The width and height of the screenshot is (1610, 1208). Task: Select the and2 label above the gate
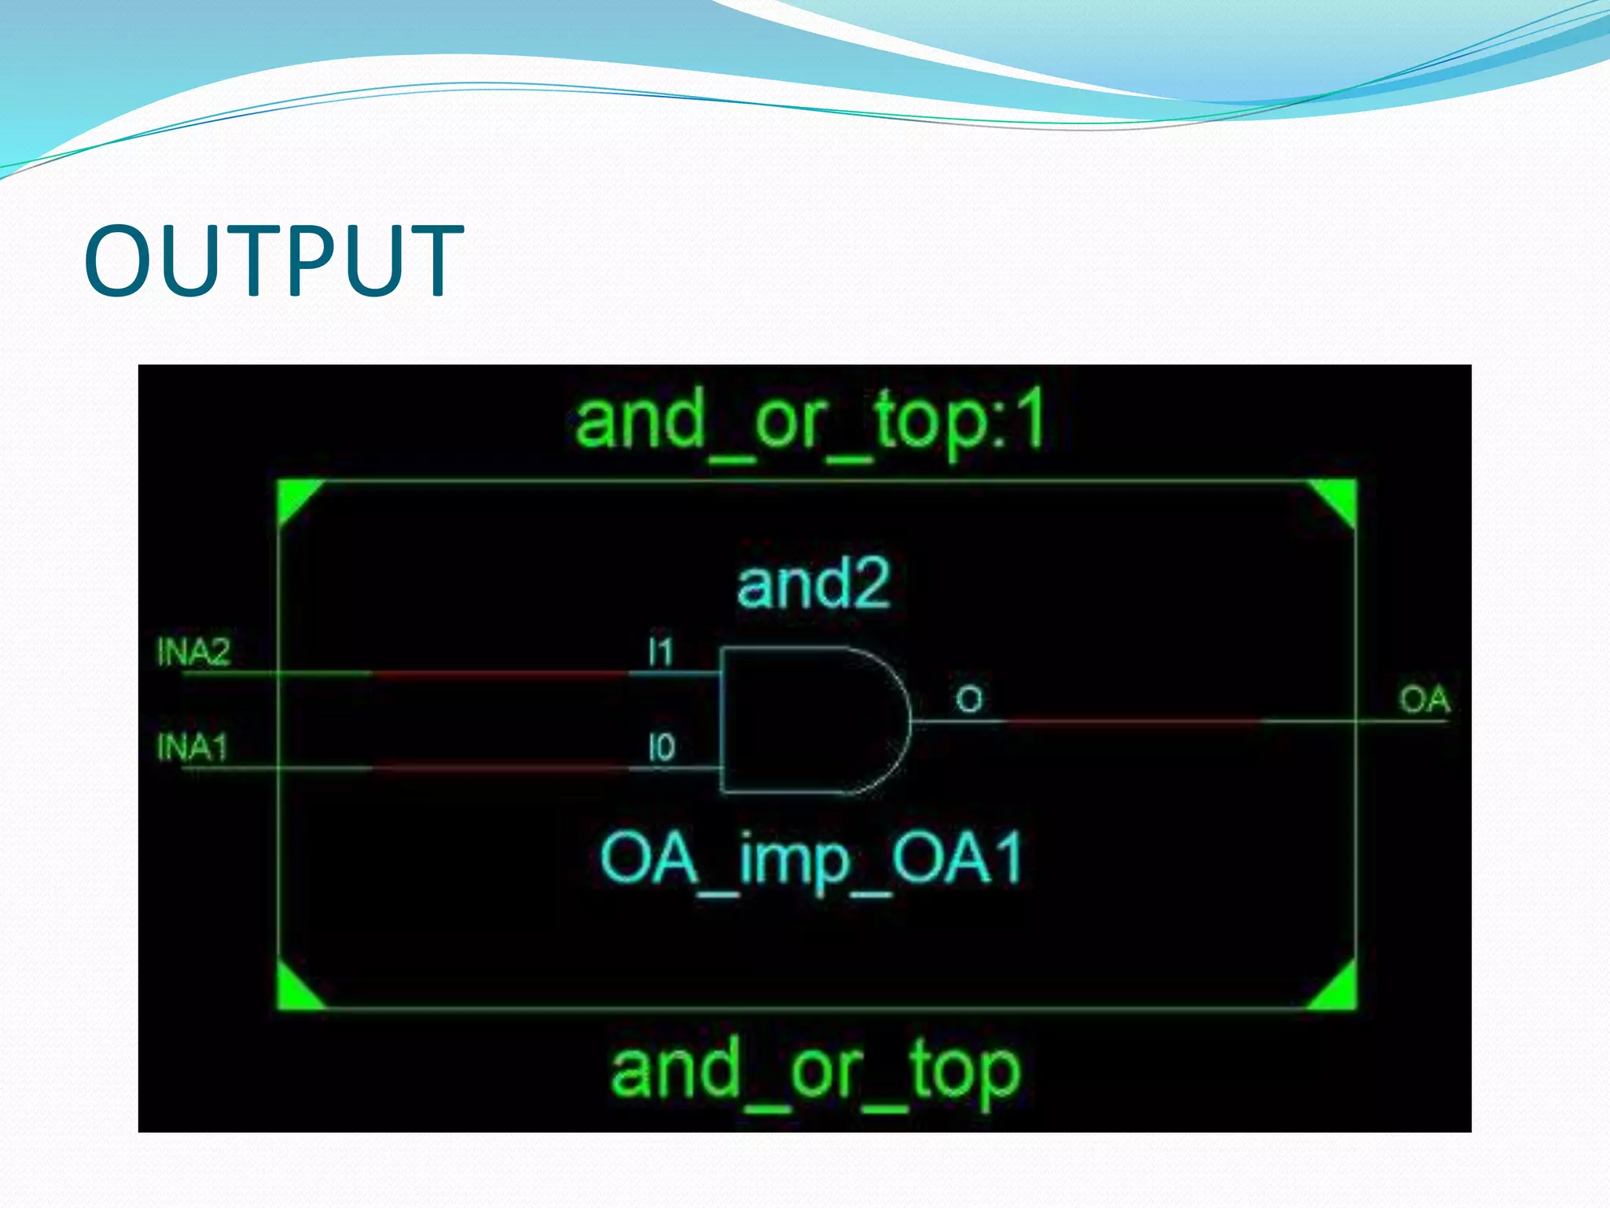(813, 584)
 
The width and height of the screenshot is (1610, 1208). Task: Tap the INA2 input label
(193, 652)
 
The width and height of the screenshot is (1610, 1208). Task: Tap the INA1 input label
(192, 746)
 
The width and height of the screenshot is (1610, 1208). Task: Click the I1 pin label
(660, 652)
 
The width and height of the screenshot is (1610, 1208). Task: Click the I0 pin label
(661, 747)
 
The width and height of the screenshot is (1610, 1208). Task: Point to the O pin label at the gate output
(969, 699)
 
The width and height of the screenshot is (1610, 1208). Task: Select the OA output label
(1424, 699)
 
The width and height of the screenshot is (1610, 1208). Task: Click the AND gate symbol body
(802, 720)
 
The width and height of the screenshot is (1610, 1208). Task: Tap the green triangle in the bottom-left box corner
(294, 992)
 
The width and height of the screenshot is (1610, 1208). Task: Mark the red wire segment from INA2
(499, 674)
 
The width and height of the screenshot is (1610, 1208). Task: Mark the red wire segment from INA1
(499, 768)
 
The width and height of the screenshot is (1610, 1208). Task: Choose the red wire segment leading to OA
(1132, 720)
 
